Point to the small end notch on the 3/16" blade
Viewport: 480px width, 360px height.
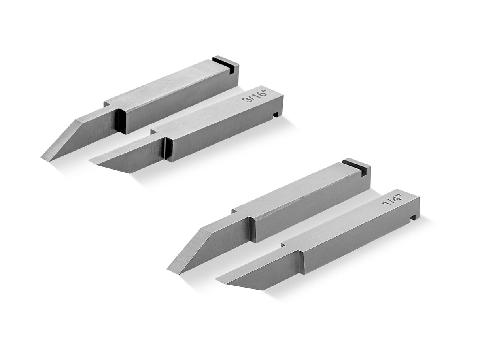(x=276, y=115)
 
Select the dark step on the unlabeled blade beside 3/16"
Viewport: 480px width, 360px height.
(x=120, y=121)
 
